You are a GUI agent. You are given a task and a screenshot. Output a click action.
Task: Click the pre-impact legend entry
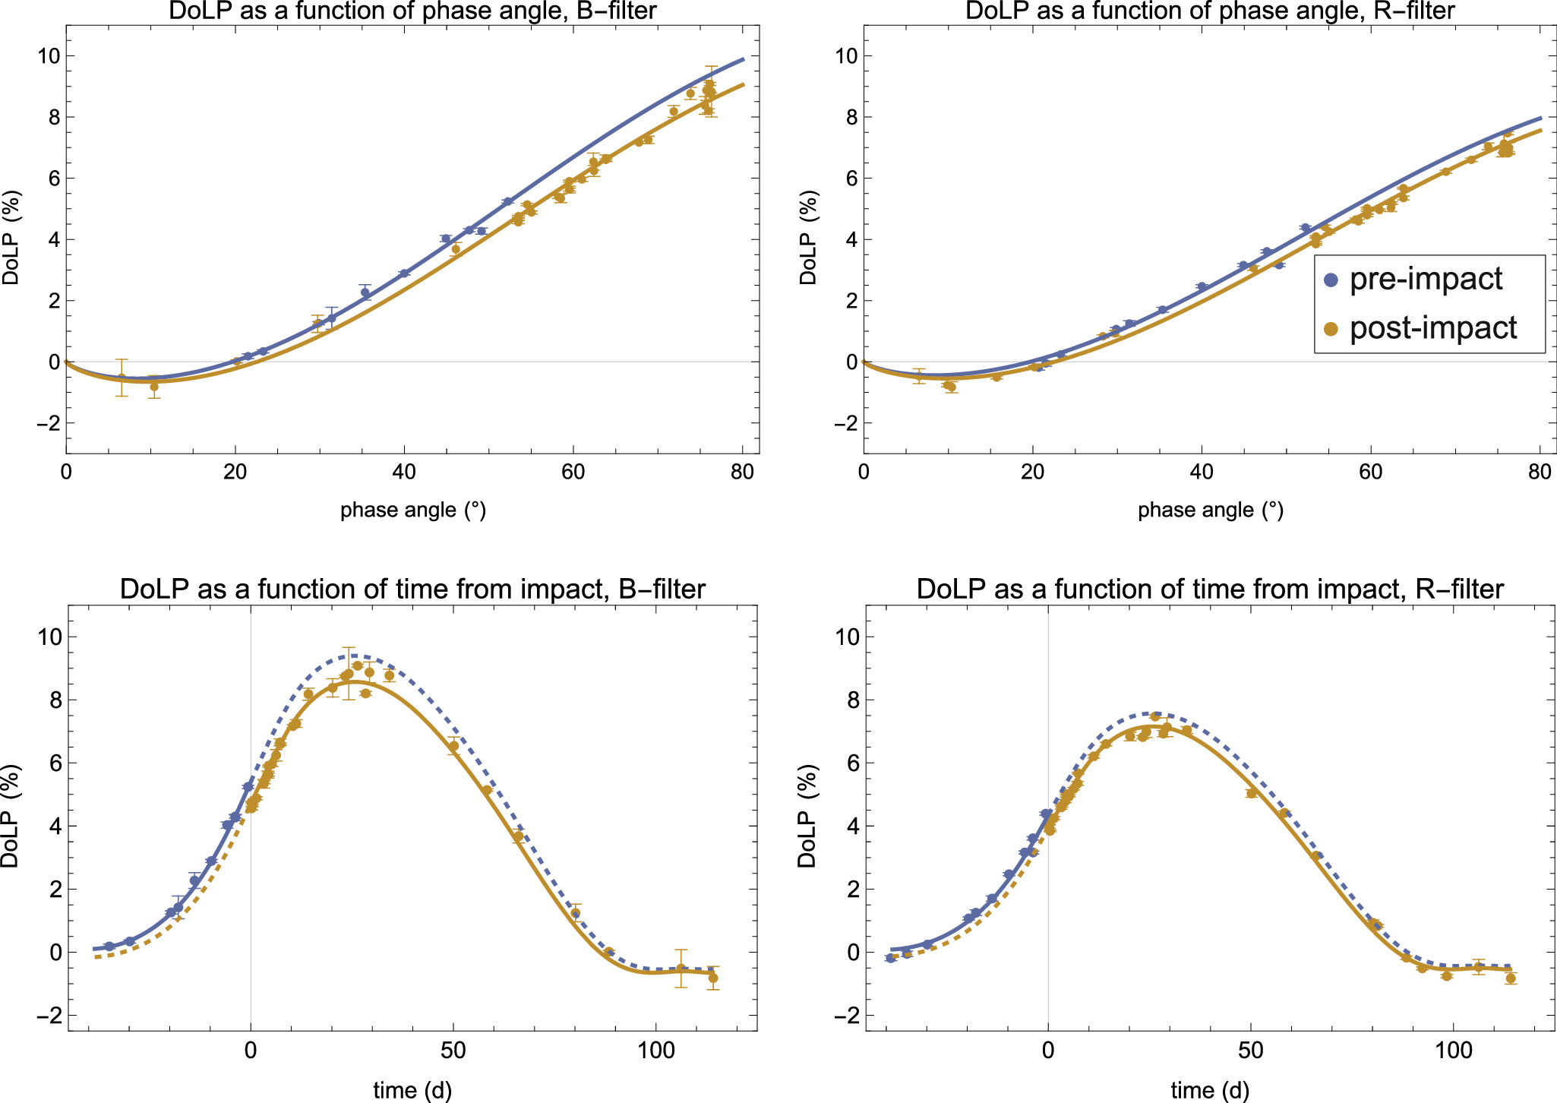click(x=1425, y=280)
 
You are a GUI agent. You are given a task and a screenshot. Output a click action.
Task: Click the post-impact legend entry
click(x=1432, y=328)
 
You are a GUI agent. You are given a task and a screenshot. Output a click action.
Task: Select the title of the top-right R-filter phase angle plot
click(x=1210, y=11)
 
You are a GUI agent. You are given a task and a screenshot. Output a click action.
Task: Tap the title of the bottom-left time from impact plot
click(x=412, y=589)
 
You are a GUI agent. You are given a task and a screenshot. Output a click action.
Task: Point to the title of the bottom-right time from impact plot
click(x=1210, y=589)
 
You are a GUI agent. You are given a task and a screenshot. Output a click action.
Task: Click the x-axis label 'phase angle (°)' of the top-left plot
click(x=412, y=510)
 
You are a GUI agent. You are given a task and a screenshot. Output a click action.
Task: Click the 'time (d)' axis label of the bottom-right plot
click(x=1210, y=1091)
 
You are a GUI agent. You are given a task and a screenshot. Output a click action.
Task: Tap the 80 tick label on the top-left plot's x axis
click(x=741, y=472)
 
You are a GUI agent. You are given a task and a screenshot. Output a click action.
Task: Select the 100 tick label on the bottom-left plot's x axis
click(x=655, y=1051)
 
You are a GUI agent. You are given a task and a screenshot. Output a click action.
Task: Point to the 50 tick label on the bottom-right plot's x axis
click(x=1251, y=1051)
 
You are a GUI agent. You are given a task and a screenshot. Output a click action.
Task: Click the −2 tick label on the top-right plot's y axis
click(x=844, y=423)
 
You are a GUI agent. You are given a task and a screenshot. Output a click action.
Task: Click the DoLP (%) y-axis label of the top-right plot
click(x=808, y=238)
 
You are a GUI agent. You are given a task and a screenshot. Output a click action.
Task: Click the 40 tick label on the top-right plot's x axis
click(x=1201, y=472)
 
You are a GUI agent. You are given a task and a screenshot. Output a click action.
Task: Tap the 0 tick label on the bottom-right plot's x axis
click(x=1048, y=1051)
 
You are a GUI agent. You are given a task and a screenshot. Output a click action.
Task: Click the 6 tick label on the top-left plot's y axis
click(x=53, y=179)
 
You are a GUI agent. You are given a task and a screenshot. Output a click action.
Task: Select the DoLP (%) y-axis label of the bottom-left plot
click(x=10, y=817)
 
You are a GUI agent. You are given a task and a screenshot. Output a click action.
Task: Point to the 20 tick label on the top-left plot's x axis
click(x=235, y=472)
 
